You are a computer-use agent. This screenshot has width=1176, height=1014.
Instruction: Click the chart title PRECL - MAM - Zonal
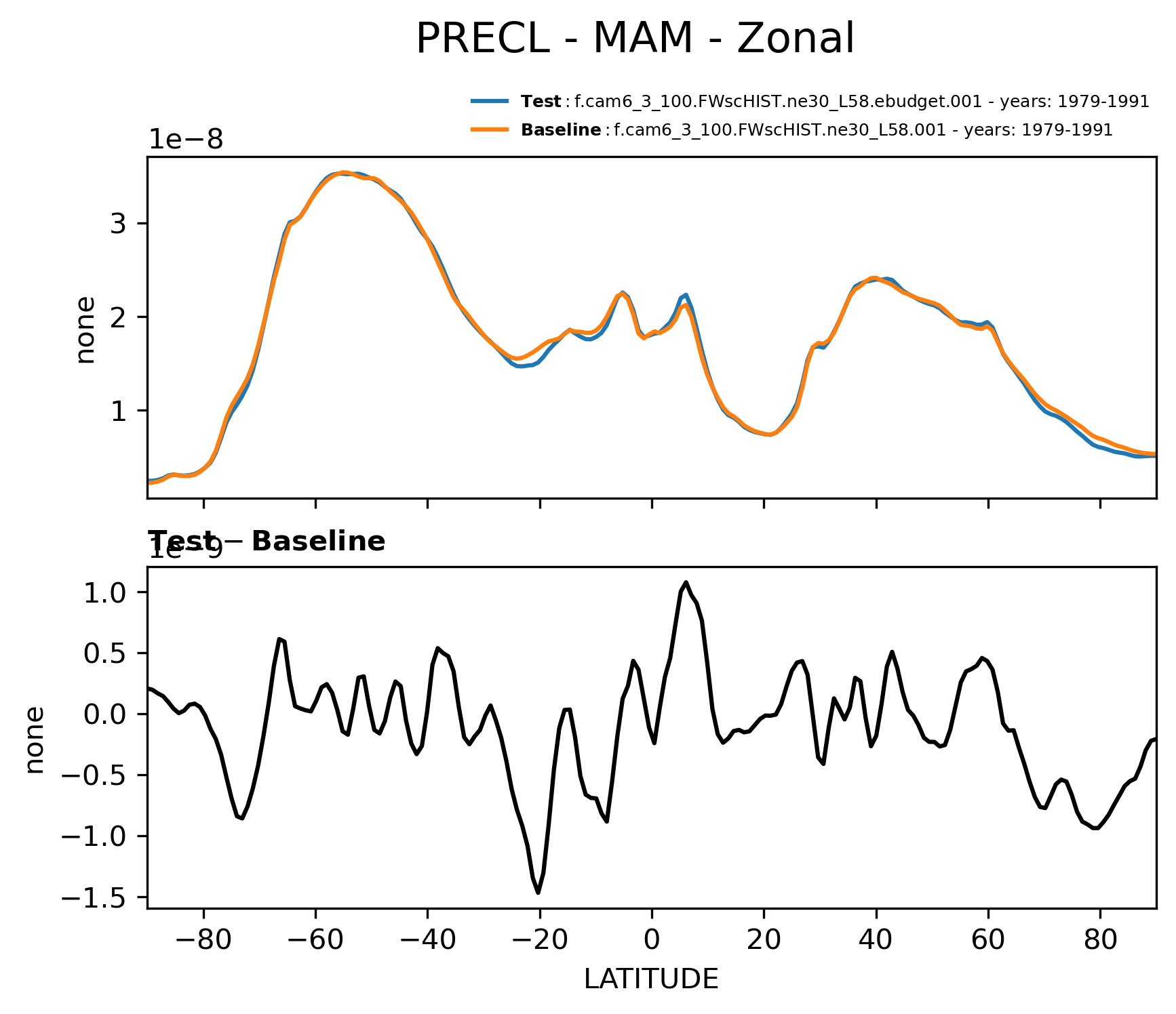click(x=635, y=39)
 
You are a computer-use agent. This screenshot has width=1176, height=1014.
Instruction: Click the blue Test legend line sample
click(x=490, y=102)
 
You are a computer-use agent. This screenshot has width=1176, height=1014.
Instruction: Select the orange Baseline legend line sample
click(x=490, y=129)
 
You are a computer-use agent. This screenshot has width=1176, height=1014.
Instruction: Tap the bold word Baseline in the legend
click(x=561, y=129)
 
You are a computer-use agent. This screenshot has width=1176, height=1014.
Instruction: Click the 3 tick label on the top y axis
click(x=118, y=224)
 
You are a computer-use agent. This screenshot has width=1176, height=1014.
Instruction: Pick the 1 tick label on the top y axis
click(x=118, y=411)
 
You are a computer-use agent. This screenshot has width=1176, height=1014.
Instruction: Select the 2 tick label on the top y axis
click(x=118, y=317)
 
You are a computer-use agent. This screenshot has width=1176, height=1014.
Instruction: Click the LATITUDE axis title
click(x=651, y=979)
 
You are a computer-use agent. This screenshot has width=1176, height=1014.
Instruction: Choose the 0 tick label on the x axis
click(x=652, y=940)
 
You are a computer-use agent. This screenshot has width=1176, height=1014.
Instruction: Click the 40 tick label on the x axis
click(x=876, y=940)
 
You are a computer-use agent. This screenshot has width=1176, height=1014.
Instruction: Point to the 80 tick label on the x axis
click(x=1100, y=940)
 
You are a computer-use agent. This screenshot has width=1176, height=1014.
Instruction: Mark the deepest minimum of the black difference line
click(x=538, y=893)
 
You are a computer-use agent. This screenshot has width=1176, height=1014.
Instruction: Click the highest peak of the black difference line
click(x=686, y=582)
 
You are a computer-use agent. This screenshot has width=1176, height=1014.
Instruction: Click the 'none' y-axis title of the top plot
click(x=85, y=330)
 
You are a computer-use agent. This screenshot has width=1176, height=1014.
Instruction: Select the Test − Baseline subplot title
click(x=267, y=542)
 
